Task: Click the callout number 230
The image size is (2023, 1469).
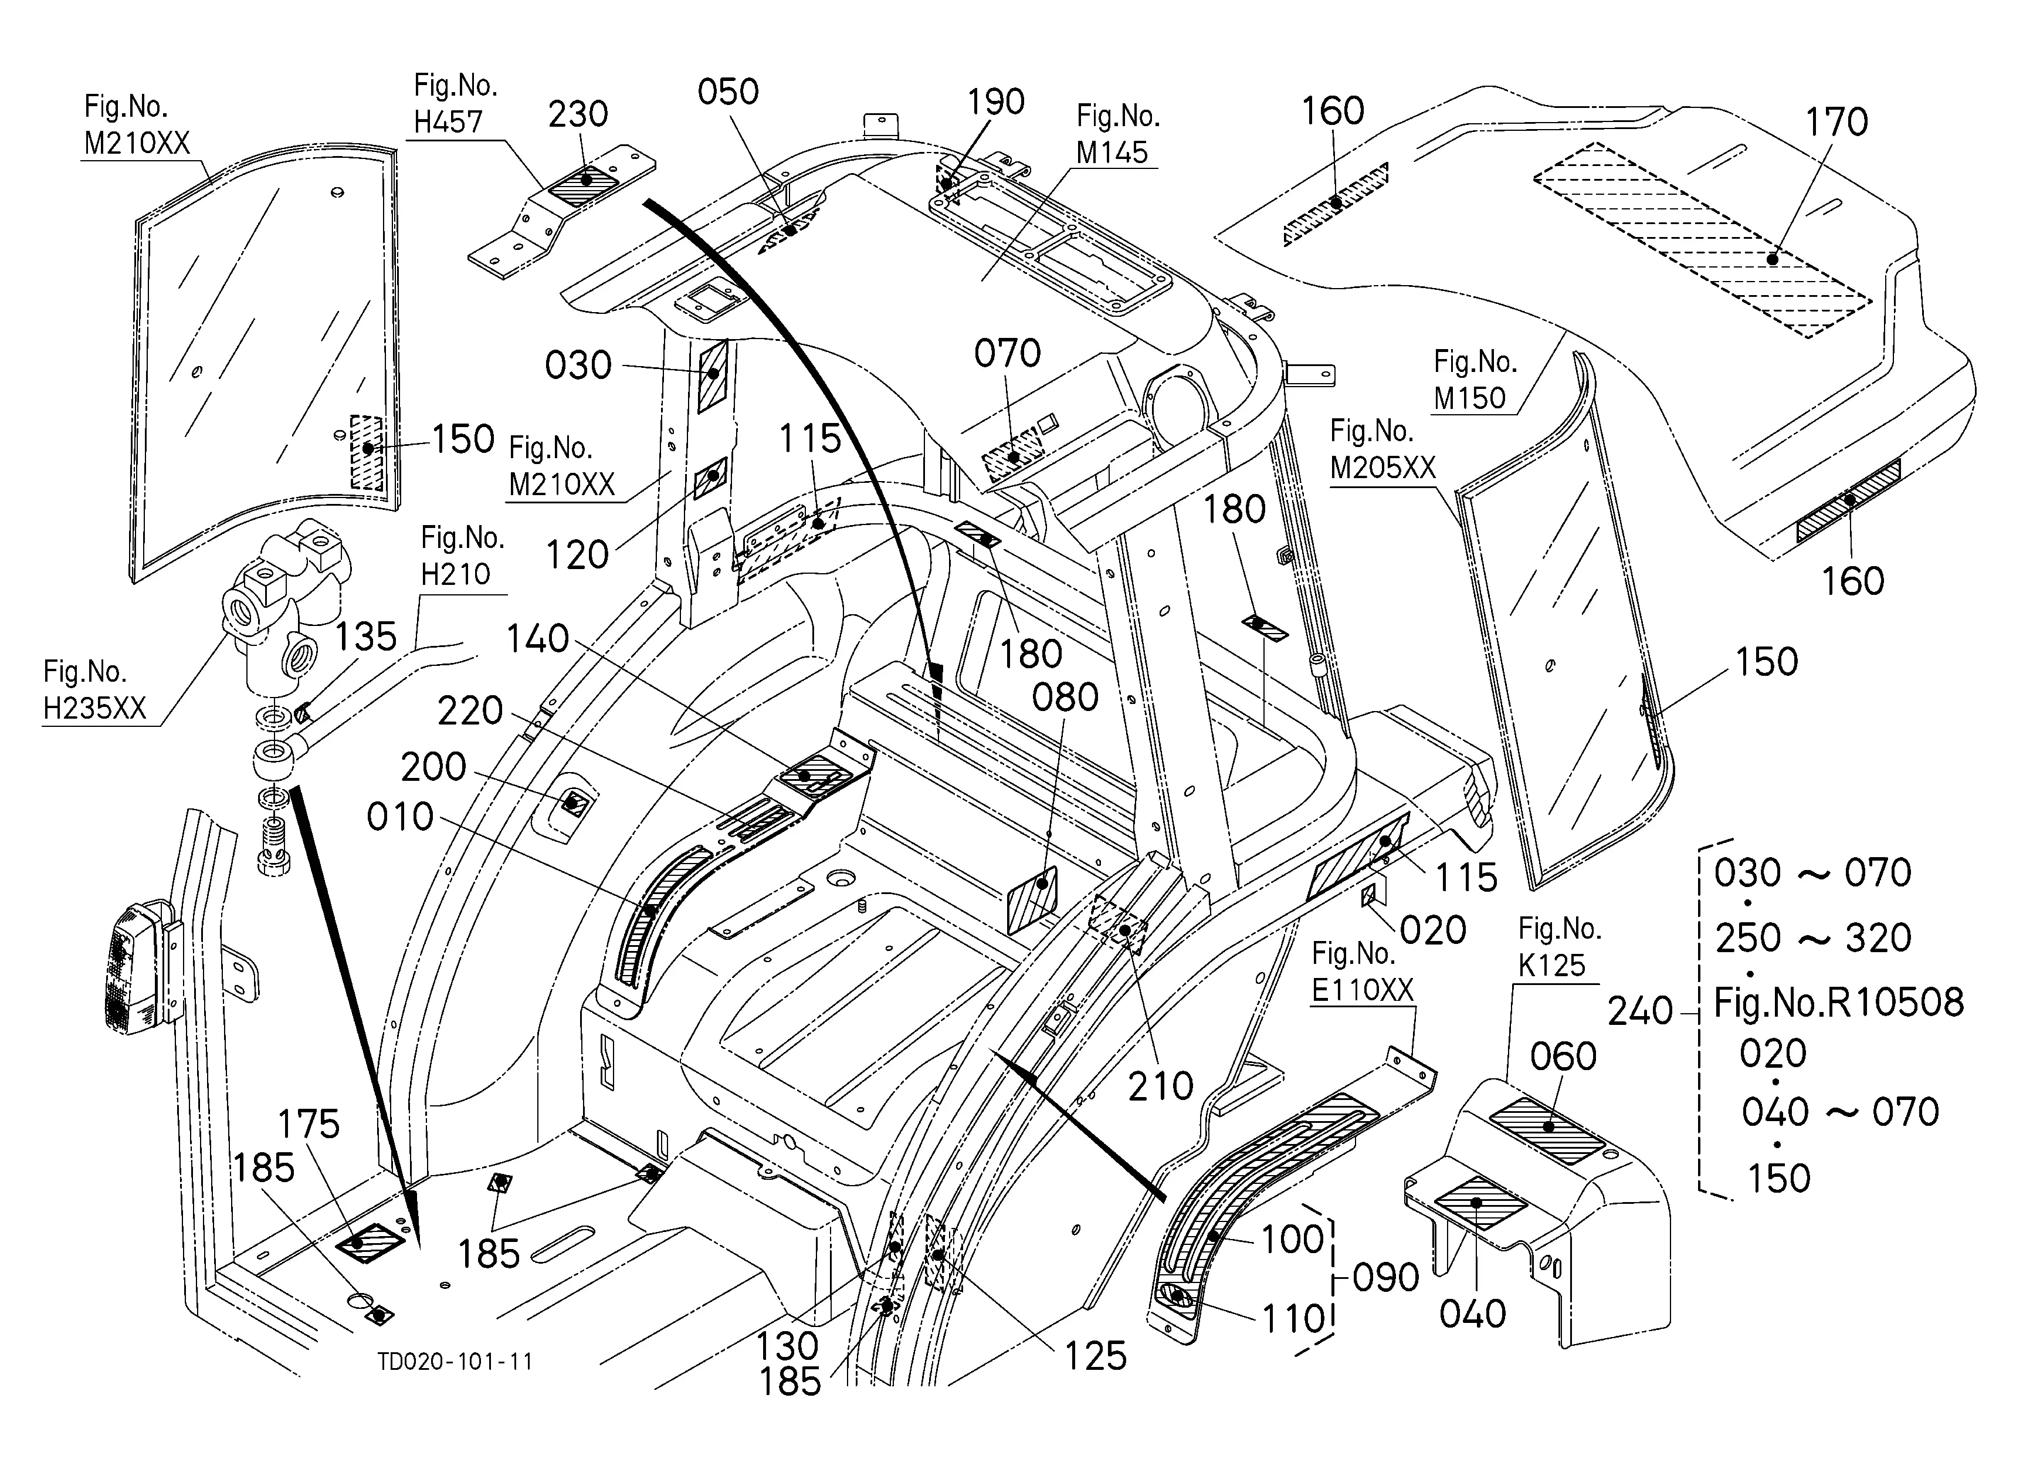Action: click(578, 114)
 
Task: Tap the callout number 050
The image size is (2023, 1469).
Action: click(728, 92)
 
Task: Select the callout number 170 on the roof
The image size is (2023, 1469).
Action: click(1836, 122)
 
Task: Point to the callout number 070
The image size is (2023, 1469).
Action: click(1007, 354)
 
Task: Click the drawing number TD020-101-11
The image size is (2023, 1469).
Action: click(455, 1361)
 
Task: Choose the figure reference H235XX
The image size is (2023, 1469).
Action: click(94, 708)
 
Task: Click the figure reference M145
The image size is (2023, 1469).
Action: click(1112, 153)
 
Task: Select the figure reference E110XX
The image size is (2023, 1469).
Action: click(1362, 990)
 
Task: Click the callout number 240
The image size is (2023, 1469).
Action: click(1639, 1011)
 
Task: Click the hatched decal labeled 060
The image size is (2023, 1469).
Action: click(1547, 1131)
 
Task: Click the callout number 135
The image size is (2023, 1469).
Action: click(365, 637)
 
